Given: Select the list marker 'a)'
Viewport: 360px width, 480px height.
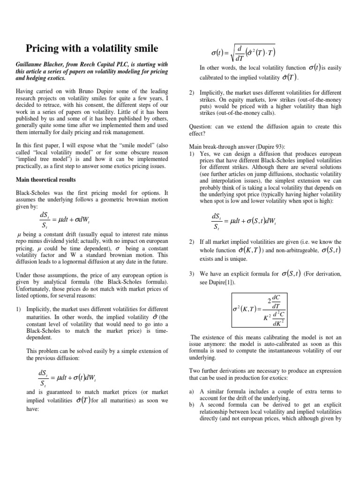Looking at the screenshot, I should [x=192, y=391].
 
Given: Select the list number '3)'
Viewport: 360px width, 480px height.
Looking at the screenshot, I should [x=192, y=273].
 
